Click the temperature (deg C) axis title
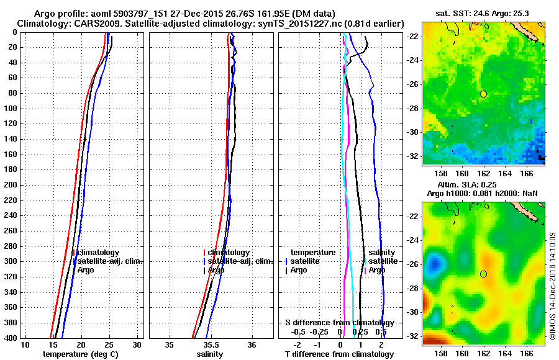80,354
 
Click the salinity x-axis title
210,354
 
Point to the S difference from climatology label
339,323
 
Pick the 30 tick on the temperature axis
137,344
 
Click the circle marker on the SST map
483,94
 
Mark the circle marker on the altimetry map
483,274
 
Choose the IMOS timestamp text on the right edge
552,286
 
